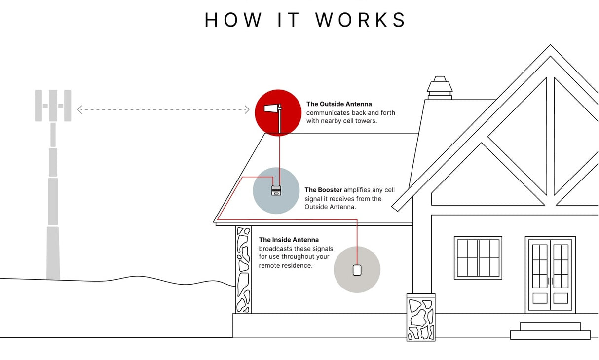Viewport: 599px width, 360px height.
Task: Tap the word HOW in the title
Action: tap(234, 20)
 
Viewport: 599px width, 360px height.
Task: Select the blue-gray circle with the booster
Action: tap(276, 190)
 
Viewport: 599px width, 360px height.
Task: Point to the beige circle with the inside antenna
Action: tap(357, 270)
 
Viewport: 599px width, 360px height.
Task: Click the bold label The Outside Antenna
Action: tap(339, 104)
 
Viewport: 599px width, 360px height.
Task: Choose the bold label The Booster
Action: tap(323, 190)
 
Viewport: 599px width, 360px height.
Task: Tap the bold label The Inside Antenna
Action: tap(289, 240)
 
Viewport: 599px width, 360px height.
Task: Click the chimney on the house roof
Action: tap(440, 88)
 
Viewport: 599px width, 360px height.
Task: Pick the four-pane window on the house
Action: tap(478, 257)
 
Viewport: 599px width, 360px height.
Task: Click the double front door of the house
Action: tap(550, 274)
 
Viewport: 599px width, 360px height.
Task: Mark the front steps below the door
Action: tap(550, 331)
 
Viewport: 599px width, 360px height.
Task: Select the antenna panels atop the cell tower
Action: tap(53, 106)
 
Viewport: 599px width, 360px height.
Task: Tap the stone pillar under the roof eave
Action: tap(243, 269)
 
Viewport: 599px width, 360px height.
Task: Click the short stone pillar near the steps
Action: tap(421, 317)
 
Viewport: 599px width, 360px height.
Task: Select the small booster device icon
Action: tap(276, 190)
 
